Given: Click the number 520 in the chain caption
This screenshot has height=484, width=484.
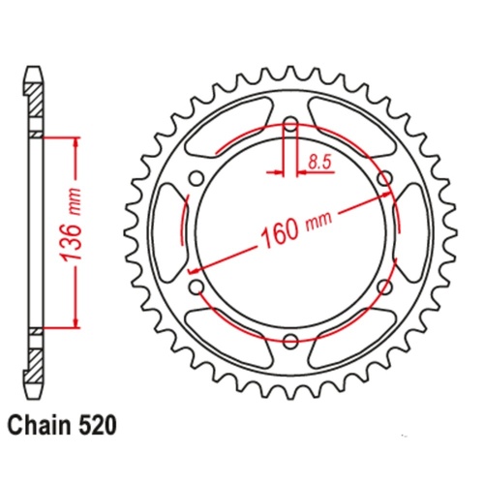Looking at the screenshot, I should pos(101,425).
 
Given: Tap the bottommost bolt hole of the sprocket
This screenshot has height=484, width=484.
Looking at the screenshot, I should pos(290,342).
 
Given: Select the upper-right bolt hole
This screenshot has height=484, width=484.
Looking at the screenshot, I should pos(384,178).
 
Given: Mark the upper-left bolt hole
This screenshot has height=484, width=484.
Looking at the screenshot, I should pos(197,178).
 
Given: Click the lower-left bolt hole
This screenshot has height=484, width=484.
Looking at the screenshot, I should pos(197,287).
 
